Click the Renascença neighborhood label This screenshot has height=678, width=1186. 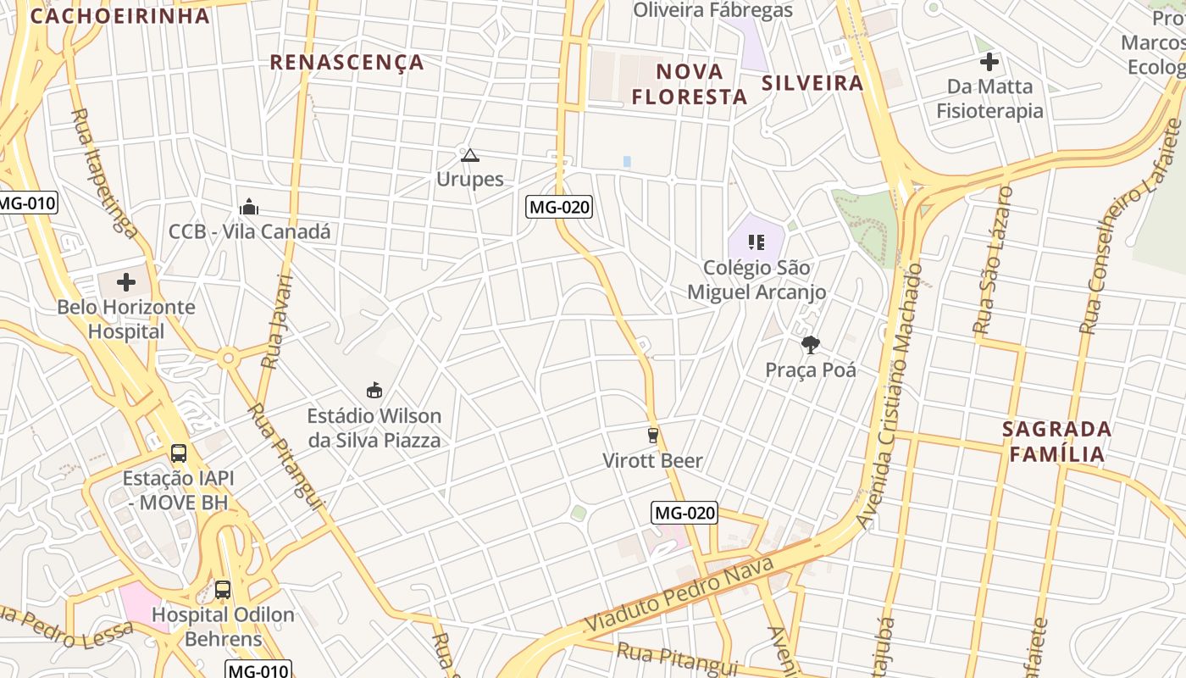(346, 62)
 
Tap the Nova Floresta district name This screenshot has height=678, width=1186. (690, 84)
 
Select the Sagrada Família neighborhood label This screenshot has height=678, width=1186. (1056, 441)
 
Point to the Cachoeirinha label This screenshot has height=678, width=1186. (119, 16)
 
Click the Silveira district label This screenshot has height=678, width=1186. (812, 82)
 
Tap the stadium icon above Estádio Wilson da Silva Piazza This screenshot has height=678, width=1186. (374, 390)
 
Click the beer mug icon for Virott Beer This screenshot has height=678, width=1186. (652, 436)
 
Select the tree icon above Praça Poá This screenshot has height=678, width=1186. (811, 344)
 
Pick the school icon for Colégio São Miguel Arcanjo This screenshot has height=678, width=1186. (756, 242)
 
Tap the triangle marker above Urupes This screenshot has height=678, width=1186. (470, 155)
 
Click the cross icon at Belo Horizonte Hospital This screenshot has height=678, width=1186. (126, 281)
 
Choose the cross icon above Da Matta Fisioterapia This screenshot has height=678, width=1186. (989, 61)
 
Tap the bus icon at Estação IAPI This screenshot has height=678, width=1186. (178, 453)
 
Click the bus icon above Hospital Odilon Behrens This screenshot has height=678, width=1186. (222, 589)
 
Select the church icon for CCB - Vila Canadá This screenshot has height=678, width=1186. (249, 206)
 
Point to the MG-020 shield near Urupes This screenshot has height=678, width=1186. (559, 206)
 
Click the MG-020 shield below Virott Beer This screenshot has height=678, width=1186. (684, 513)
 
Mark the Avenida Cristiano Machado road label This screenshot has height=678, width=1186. (890, 394)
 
